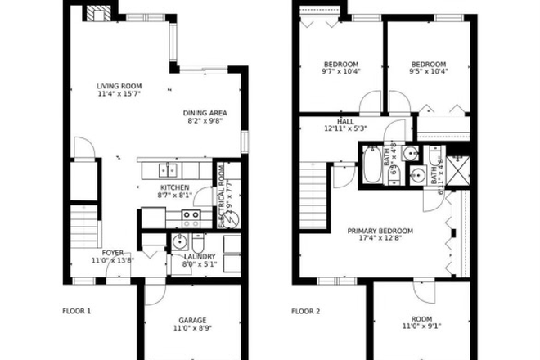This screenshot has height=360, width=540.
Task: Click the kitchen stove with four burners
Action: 191,218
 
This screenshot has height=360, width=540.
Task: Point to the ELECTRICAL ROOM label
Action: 221,197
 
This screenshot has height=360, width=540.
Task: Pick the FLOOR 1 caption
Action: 77,311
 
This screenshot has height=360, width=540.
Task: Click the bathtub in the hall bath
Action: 369,164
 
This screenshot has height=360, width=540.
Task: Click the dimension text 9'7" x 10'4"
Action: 341,71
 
